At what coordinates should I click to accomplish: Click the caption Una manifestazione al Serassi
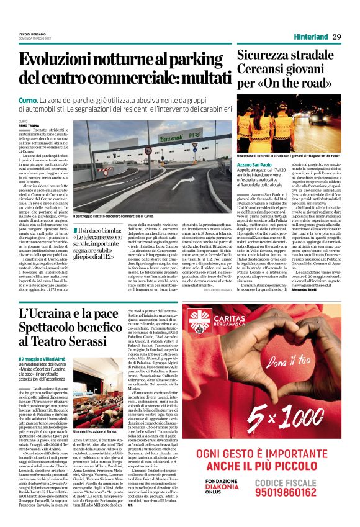(x=95, y=431)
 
